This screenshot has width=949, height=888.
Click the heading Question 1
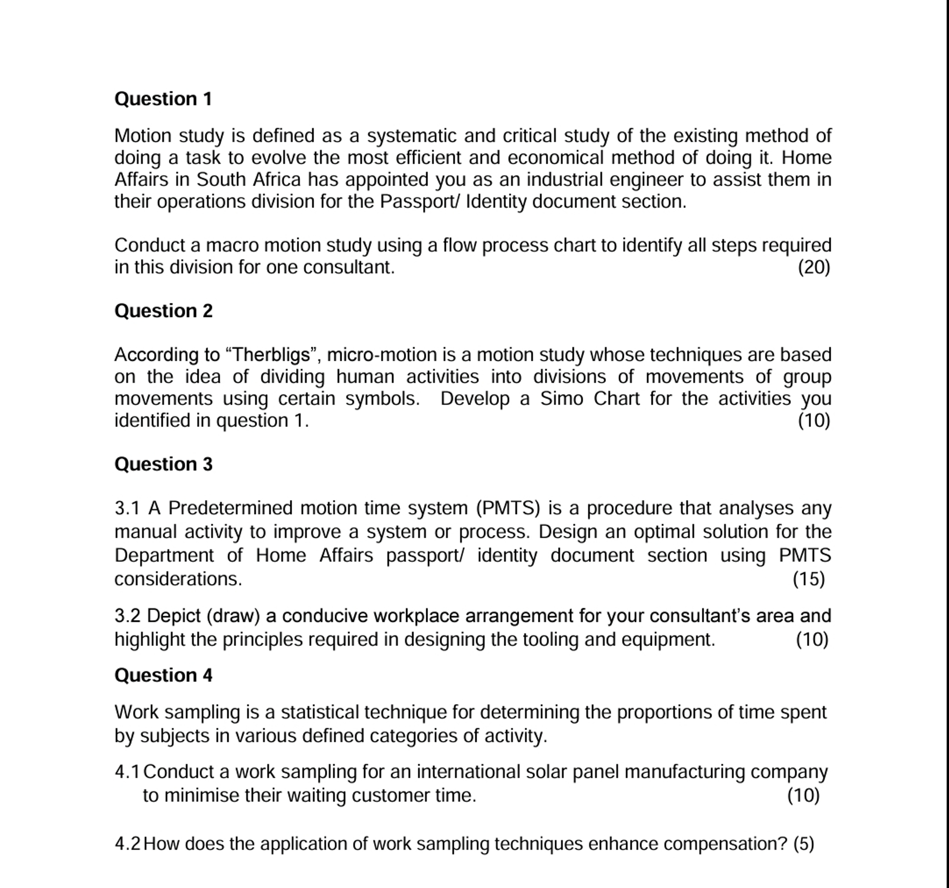click(163, 99)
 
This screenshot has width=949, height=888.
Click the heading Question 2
click(163, 311)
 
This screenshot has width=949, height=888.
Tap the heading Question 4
click(163, 675)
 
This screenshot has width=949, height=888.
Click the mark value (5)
click(803, 844)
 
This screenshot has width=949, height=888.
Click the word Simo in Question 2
click(561, 398)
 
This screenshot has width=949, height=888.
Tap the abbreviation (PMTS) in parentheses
click(508, 508)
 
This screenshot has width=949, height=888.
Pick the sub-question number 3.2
click(127, 616)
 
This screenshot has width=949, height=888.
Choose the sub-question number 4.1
click(127, 771)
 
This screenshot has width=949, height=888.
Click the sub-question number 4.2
click(127, 844)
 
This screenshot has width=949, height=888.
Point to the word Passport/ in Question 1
click(420, 201)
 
